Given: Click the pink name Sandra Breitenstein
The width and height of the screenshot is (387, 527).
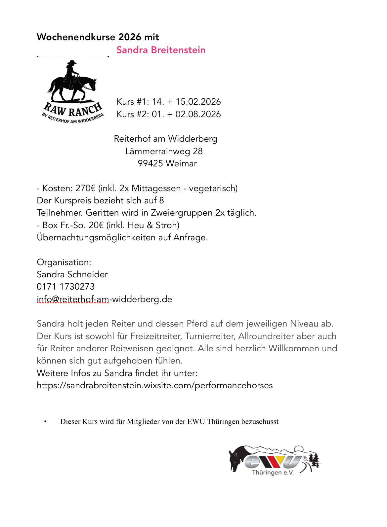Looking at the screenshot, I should tap(161, 50).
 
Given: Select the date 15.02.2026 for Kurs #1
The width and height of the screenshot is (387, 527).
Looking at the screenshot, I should tap(198, 102).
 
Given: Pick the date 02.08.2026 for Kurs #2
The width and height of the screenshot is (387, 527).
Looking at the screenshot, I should tap(198, 114).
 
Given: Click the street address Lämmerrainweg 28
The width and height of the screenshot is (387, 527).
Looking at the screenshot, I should tap(164, 151).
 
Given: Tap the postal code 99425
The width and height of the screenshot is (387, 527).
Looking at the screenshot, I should tap(150, 163).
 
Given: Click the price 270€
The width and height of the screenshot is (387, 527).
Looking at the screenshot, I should tap(85, 188).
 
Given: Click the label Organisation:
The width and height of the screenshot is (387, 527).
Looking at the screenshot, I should tap(64, 262).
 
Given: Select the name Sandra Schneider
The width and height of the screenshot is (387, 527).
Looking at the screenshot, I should tap(72, 274).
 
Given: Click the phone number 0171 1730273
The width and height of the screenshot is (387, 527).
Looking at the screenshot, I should tap(65, 287).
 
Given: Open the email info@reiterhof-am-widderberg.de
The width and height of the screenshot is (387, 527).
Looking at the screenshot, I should tap(104, 299).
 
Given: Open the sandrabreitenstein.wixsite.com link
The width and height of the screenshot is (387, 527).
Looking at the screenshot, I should tap(154, 385).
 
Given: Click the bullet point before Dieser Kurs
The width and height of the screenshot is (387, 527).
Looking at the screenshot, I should tap(45, 422).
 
